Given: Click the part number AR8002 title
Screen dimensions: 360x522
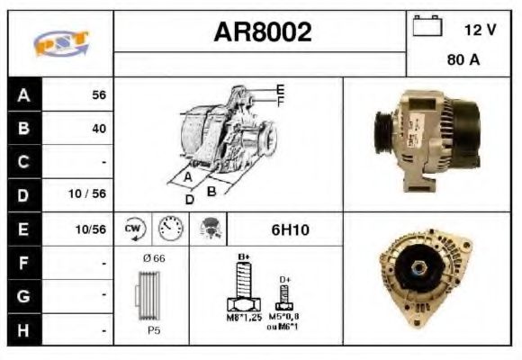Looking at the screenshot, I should coord(262,32).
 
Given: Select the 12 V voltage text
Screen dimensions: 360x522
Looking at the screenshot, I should coord(480,30).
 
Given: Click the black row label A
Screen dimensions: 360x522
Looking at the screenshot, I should coord(24,94).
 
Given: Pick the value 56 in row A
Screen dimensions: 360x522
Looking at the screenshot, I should coord(99,94).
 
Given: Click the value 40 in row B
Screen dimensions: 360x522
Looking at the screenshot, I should coord(99,128).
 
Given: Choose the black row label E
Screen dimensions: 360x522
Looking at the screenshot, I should coord(24,229).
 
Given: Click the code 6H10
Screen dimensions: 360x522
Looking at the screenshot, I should coord(290,229).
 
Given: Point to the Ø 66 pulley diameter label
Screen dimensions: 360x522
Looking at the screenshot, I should coord(153,258).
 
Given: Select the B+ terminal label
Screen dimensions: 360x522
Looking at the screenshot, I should coord(243,257).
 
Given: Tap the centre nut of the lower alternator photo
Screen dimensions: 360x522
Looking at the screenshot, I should coord(420,267).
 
